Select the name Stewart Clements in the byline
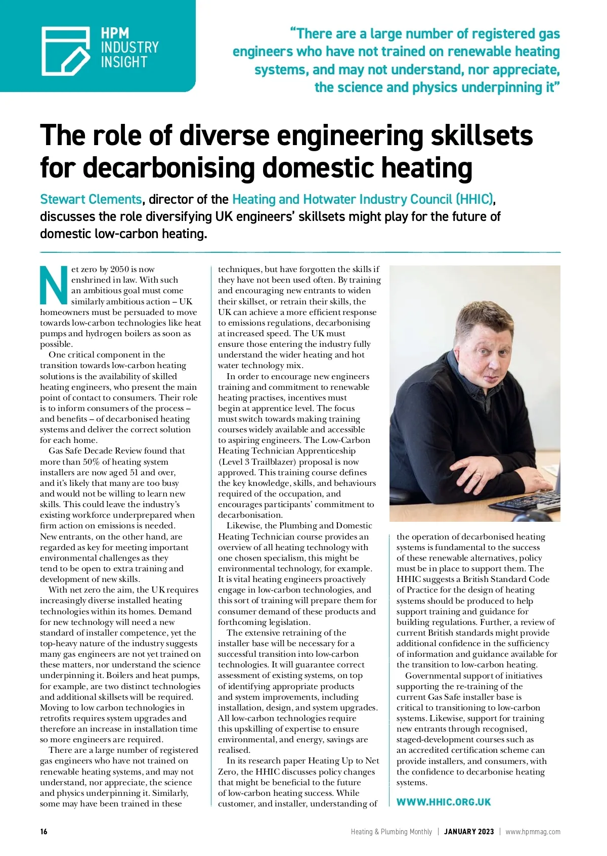[x=91, y=199]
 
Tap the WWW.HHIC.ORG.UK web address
[x=444, y=802]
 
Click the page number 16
[x=44, y=832]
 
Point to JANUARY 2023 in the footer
[x=469, y=832]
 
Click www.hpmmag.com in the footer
[x=533, y=832]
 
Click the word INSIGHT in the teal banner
[x=124, y=62]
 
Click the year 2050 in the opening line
[x=120, y=269]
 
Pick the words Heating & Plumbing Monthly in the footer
[x=392, y=832]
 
